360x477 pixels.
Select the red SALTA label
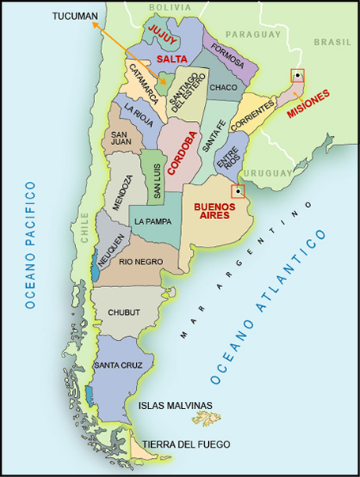172,59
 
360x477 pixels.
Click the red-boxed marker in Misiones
297,76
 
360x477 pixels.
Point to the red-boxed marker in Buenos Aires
237,191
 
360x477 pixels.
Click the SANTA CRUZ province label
118,365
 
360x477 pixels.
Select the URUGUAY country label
267,172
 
